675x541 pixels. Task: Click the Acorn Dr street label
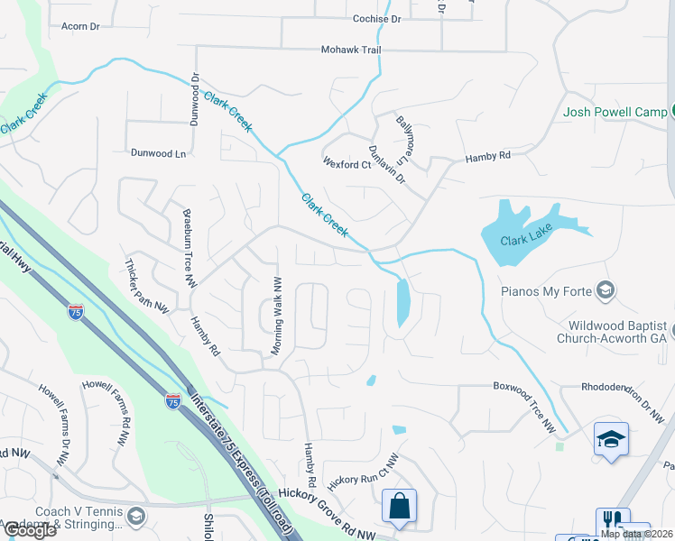click(79, 27)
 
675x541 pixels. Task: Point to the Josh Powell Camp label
click(613, 113)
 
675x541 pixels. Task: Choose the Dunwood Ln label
click(158, 153)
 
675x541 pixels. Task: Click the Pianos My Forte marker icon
click(606, 289)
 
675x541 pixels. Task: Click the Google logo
click(29, 530)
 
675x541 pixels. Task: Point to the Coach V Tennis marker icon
click(135, 516)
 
